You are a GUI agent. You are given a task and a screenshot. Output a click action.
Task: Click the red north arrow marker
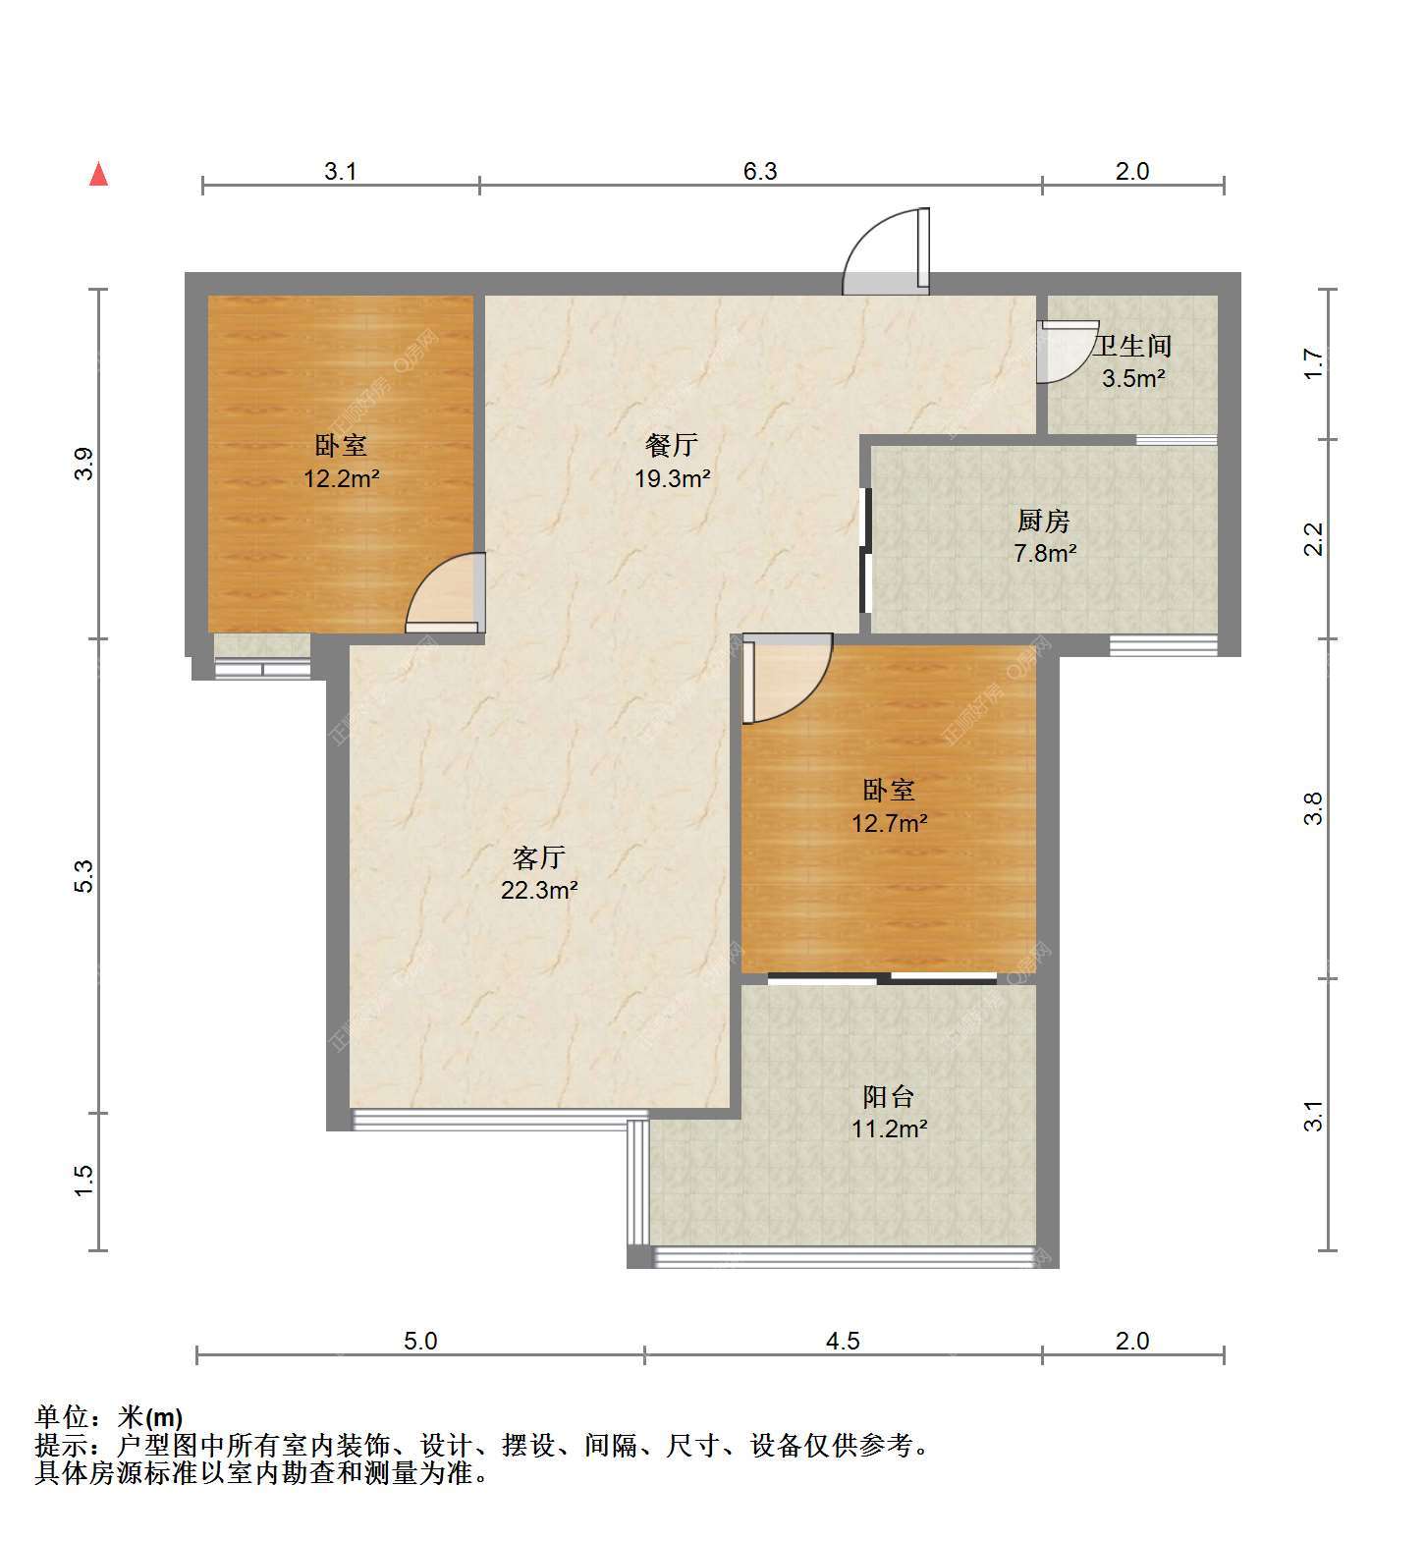[x=98, y=174]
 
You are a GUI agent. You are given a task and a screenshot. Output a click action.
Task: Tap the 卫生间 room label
[x=1132, y=346]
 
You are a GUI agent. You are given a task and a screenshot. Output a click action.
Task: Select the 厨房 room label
[x=1044, y=521]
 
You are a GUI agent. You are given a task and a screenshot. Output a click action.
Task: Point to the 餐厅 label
[x=672, y=445]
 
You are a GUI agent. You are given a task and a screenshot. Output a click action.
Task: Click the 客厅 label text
[x=539, y=857]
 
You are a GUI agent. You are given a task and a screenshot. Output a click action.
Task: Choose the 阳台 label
[x=889, y=1096]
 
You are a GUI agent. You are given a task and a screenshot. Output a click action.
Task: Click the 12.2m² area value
[x=341, y=479]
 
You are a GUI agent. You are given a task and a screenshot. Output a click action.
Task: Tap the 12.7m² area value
[x=889, y=823]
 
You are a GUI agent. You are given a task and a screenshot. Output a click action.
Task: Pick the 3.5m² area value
[x=1133, y=378]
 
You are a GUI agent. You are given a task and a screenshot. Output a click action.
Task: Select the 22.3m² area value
[x=539, y=890]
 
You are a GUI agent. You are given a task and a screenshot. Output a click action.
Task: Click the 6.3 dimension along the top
[x=759, y=171]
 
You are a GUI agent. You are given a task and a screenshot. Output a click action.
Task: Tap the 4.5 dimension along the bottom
[x=843, y=1341]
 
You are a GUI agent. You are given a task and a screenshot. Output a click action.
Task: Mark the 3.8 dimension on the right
[x=1314, y=808]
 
